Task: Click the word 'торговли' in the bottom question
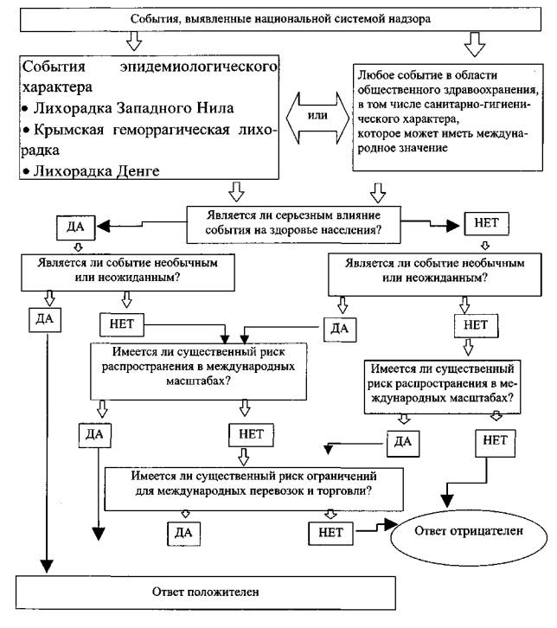tap(346, 491)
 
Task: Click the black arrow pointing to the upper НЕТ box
tap(454, 228)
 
